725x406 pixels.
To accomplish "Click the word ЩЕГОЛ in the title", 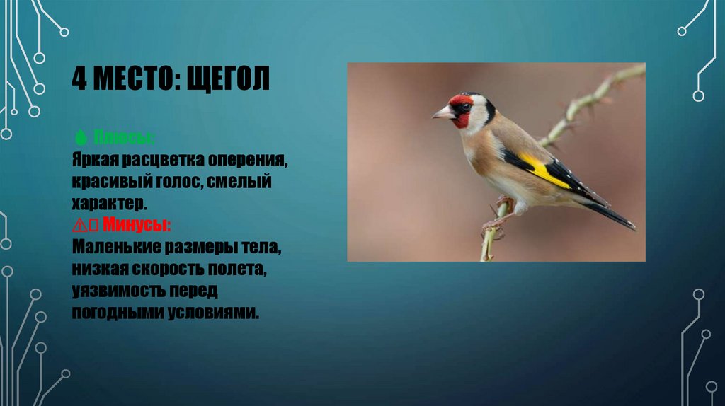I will (229, 79).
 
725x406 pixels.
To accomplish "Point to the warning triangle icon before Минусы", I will (78, 226).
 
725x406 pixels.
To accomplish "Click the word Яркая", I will (93, 160).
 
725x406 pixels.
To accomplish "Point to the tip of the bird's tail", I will (632, 227).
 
